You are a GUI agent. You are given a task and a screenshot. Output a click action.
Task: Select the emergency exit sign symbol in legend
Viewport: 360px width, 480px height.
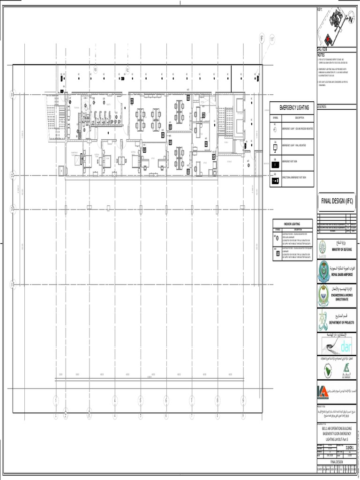(275, 165)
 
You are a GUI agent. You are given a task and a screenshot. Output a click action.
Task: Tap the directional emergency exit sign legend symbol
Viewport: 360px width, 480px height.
(275, 180)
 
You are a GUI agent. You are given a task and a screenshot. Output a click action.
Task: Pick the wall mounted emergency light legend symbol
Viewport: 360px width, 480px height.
(275, 147)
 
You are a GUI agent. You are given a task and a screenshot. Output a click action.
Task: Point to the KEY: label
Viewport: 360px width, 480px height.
(321, 10)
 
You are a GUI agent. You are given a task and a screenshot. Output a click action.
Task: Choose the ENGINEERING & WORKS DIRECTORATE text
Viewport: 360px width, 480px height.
(344, 298)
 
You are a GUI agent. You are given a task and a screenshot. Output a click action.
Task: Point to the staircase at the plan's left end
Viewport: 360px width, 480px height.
(51, 113)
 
